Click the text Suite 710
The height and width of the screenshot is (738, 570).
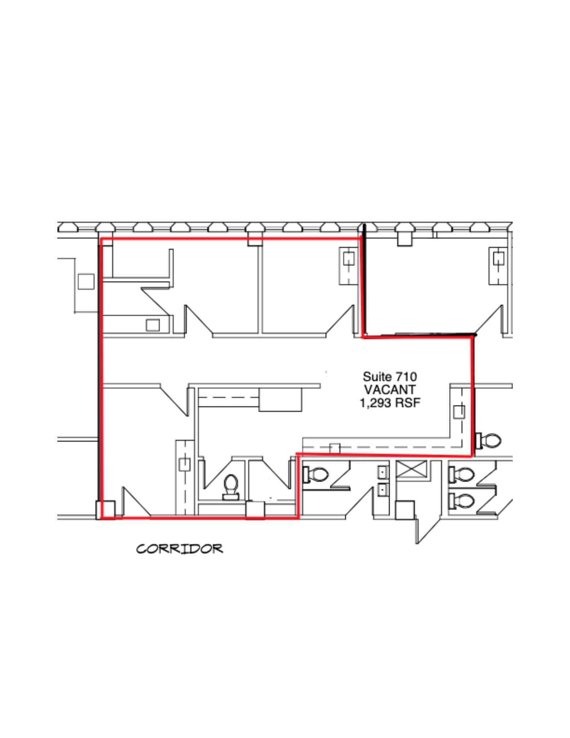coord(390,377)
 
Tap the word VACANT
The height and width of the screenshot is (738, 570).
coord(390,390)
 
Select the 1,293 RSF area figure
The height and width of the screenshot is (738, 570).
coord(390,403)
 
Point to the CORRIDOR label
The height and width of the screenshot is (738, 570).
coord(179,549)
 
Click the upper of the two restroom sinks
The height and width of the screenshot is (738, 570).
coord(383,471)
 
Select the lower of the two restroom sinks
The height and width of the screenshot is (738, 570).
coord(383,489)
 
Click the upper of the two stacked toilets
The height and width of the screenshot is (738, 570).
coord(461,474)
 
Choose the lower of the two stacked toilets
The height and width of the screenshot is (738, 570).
coord(461,501)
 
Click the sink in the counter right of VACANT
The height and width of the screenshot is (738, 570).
coord(458,412)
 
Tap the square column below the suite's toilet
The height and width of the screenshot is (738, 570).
coord(255,510)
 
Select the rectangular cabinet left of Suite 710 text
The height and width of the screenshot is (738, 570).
coord(280,400)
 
